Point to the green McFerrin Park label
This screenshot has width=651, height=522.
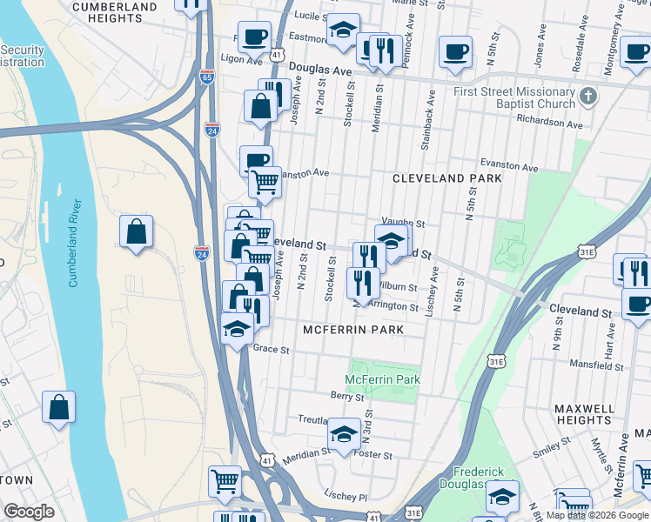382,379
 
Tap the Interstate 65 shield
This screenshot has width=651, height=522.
206,77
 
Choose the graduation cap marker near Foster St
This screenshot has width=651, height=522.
344,434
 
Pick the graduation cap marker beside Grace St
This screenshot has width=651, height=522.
236,328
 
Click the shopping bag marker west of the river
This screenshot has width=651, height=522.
58,407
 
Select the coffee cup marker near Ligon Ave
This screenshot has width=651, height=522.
253,37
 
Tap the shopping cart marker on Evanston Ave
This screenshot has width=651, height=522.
265,183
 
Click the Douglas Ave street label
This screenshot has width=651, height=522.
319,70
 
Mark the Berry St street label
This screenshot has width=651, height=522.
346,396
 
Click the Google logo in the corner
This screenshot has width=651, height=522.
29,511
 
